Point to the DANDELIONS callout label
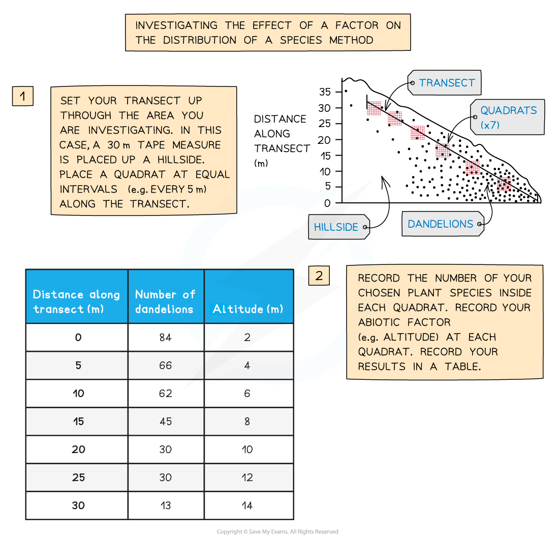pos(441,224)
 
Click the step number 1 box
pos(23,96)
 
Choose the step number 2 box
pos(319,276)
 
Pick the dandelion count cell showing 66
pos(166,366)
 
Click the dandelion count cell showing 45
pos(166,421)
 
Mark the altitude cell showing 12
pos(247,477)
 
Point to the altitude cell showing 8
pos(247,421)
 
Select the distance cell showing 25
pos(78,477)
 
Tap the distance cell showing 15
pos(78,421)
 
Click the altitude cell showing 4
pos(247,366)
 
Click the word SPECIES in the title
pos(301,40)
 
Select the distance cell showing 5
pos(78,366)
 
